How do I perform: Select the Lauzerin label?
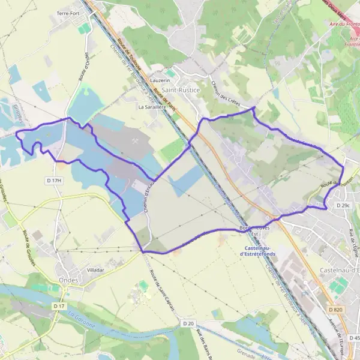pyautogui.click(x=161, y=80)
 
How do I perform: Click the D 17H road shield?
pyautogui.click(x=54, y=180)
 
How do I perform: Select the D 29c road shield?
pyautogui.click(x=343, y=205)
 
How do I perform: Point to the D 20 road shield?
pyautogui.click(x=188, y=323)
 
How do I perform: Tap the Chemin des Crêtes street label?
pyautogui.click(x=226, y=96)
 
